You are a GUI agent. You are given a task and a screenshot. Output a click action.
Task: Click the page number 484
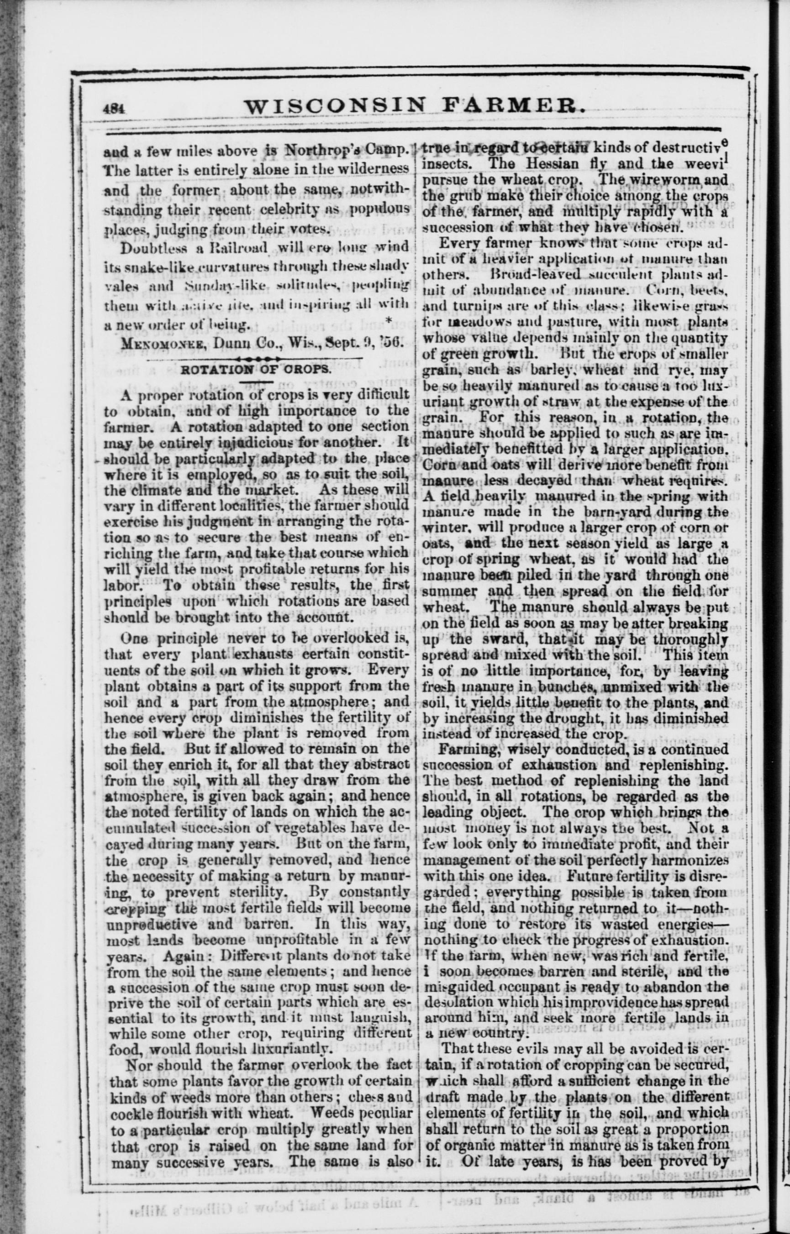[111, 108]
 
